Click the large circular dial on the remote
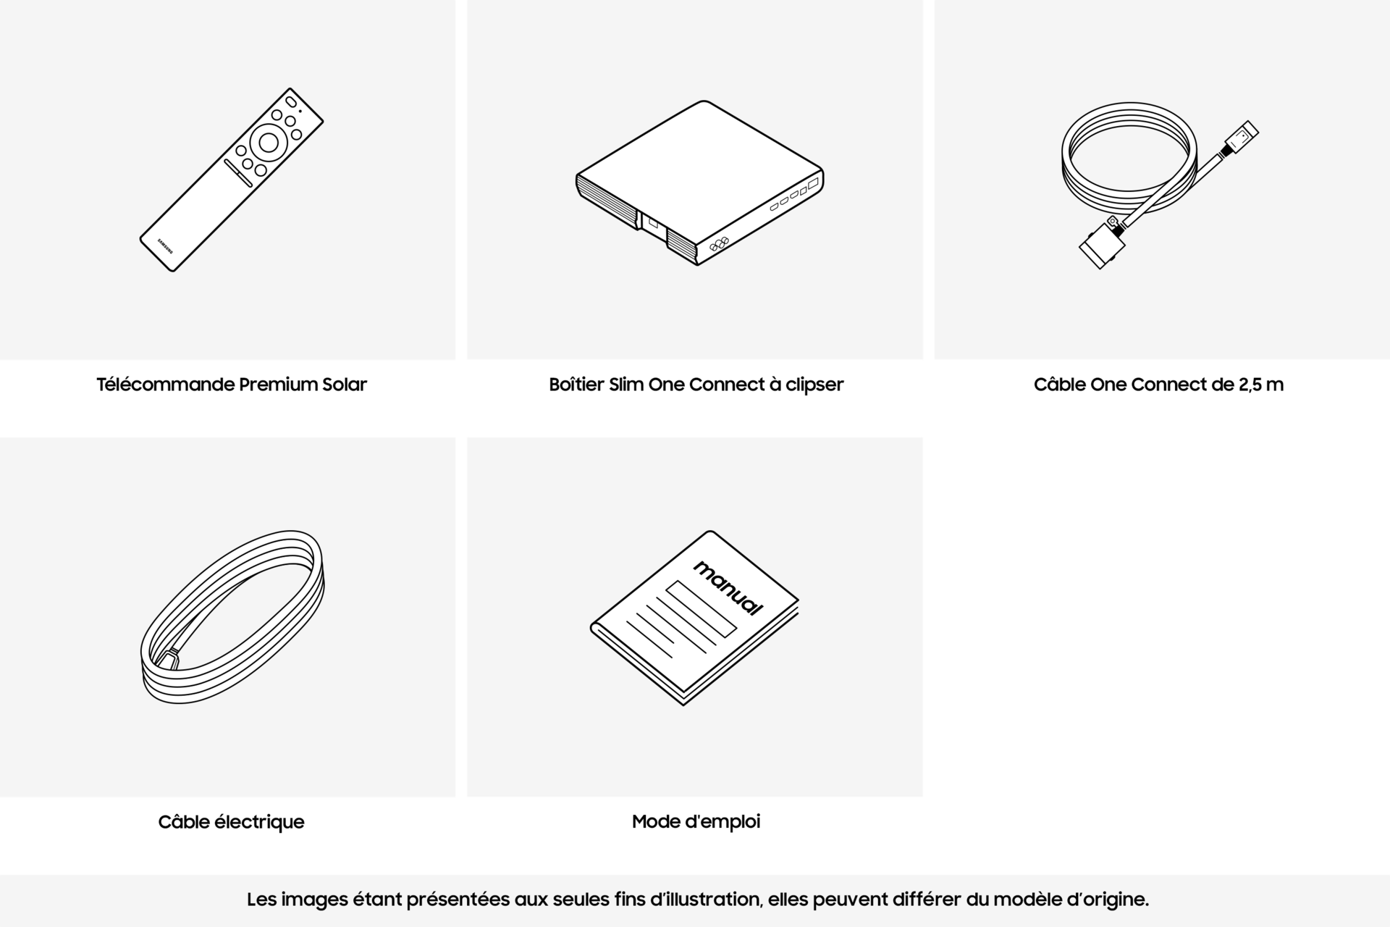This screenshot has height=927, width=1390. [x=268, y=143]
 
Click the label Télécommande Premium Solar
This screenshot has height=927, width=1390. [x=232, y=385]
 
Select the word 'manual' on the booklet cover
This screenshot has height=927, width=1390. [x=728, y=587]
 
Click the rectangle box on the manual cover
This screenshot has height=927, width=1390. [x=701, y=608]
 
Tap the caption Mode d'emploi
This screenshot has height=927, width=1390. [x=696, y=822]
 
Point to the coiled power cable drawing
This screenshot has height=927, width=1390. [x=232, y=616]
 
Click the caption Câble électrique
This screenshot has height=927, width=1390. [x=232, y=822]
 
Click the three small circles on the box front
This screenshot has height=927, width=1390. [x=718, y=244]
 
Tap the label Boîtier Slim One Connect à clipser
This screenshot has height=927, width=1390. [x=696, y=385]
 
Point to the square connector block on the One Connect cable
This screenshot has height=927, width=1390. [x=1102, y=247]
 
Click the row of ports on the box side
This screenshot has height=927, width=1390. [x=794, y=195]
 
